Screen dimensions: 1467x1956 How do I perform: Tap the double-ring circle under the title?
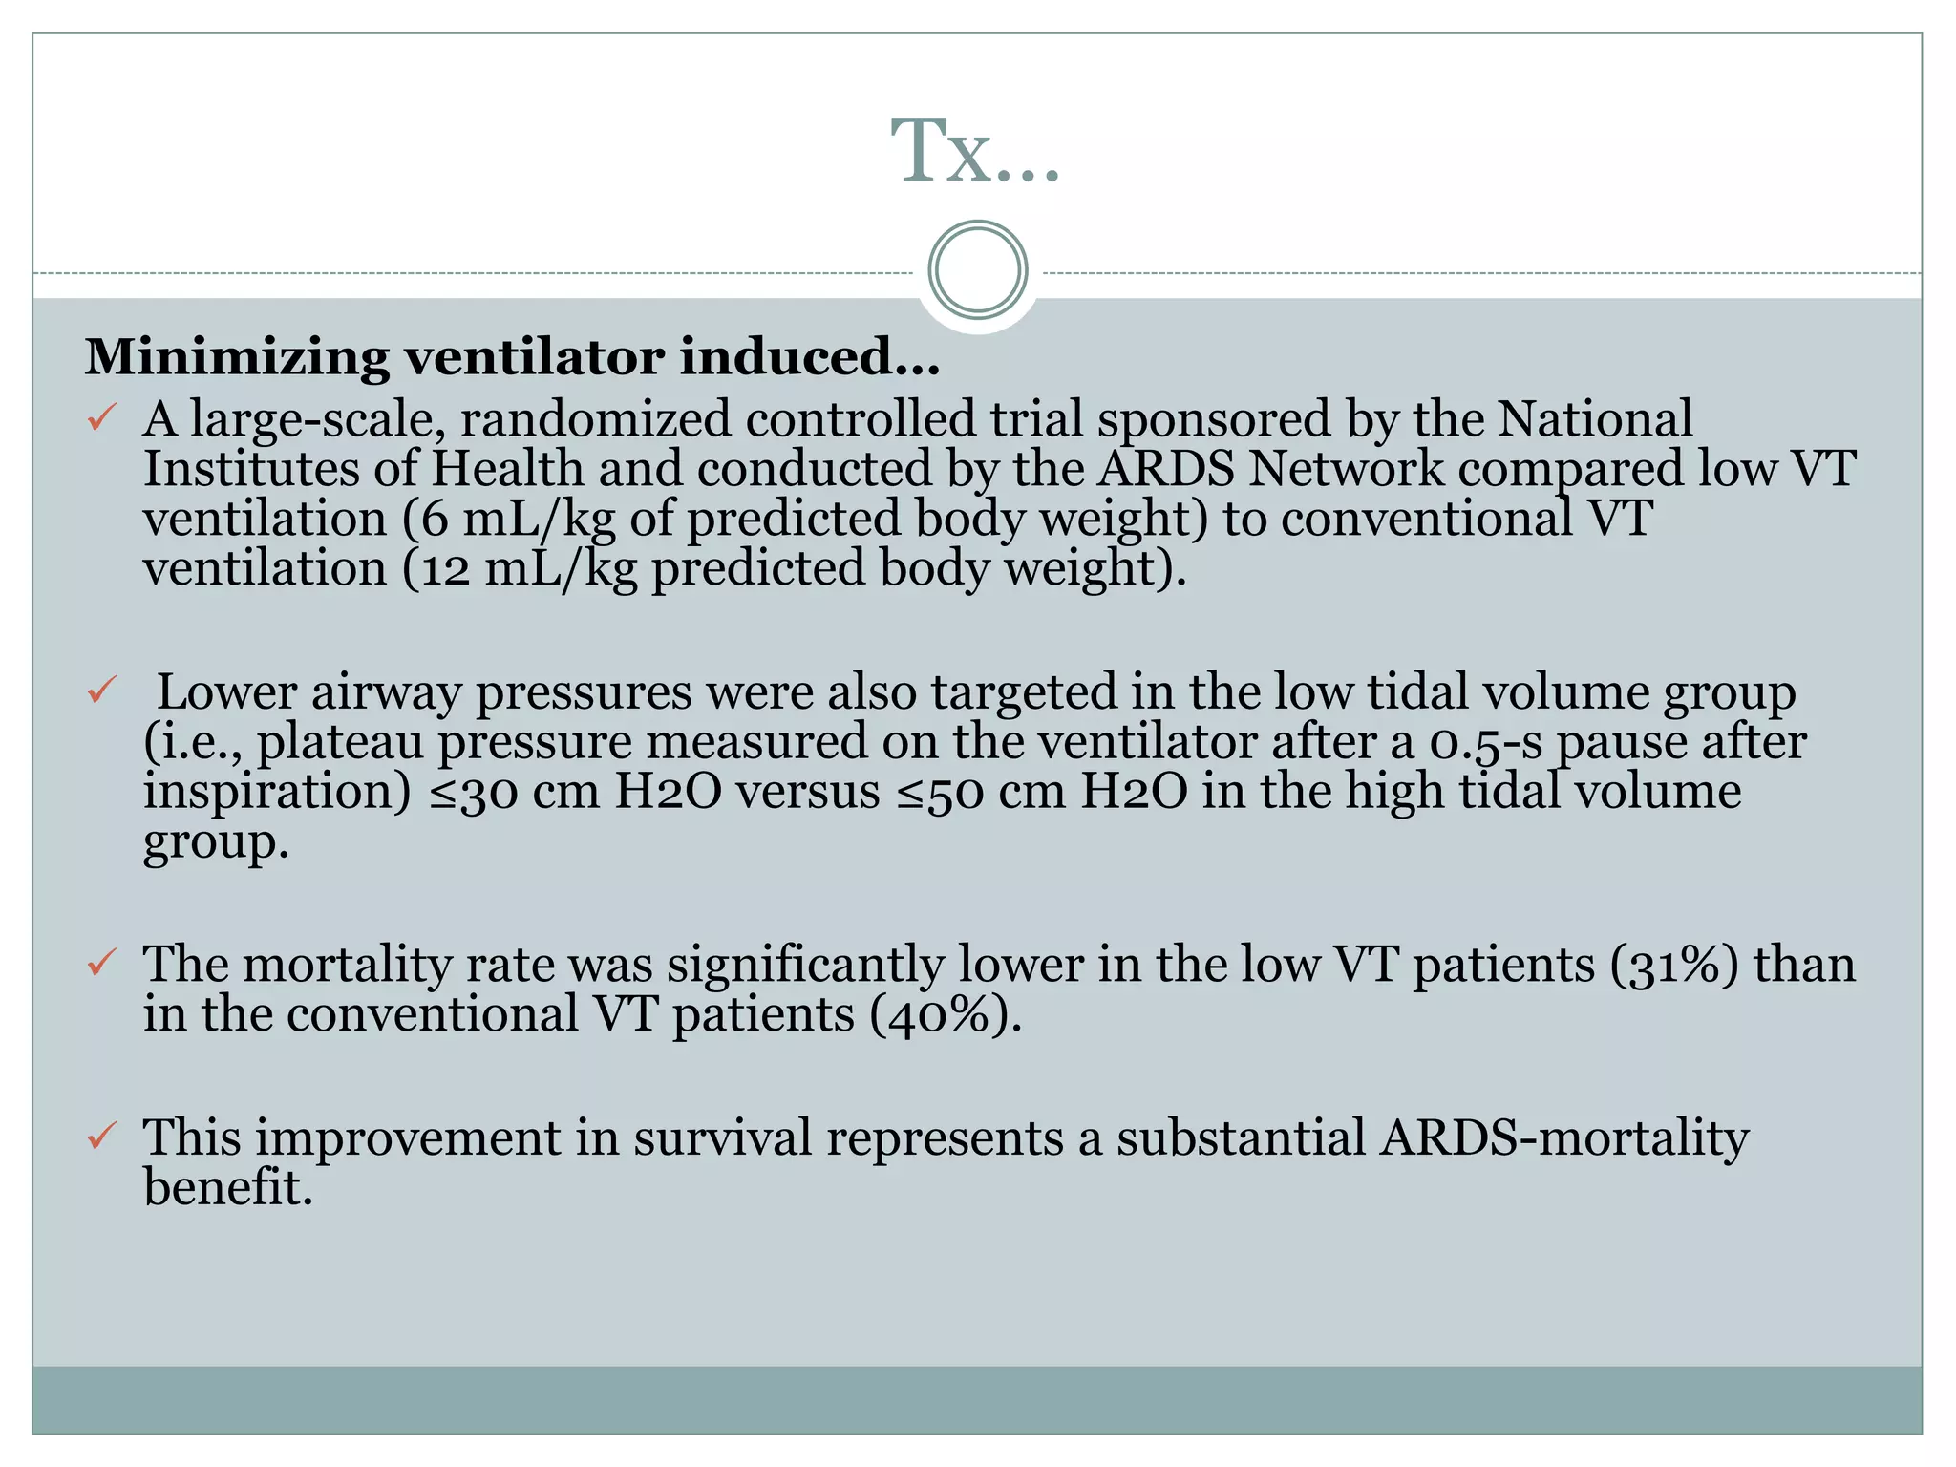pos(977,270)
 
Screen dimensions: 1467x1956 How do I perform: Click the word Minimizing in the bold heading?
pos(237,357)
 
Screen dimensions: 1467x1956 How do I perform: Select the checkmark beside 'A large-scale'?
pos(101,417)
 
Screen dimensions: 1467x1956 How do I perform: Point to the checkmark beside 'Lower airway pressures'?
pos(101,689)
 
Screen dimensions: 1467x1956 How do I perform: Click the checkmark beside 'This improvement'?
pos(101,1136)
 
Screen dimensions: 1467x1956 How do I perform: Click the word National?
pos(1594,418)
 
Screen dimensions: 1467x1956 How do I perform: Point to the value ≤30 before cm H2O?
pos(473,793)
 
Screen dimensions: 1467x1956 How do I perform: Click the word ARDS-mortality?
pos(1563,1137)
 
